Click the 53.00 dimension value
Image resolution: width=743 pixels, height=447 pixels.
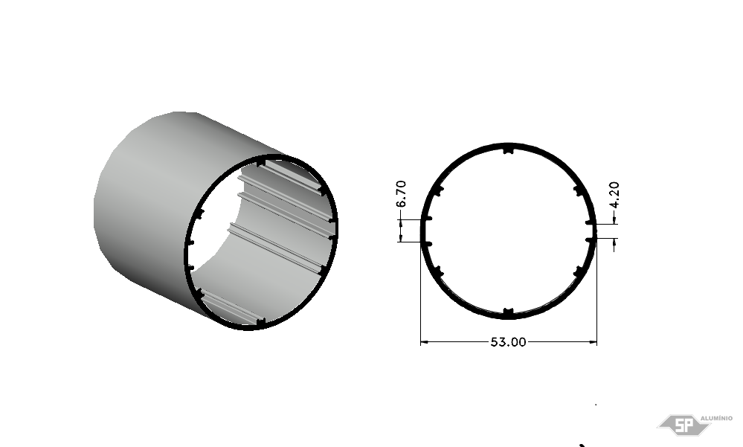coord(508,342)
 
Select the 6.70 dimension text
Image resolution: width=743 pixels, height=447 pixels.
coord(401,193)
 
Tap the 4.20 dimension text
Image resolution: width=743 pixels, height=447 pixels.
coord(614,195)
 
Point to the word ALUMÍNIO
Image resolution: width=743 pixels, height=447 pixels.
coord(716,418)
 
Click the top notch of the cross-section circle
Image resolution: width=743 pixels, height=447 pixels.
coord(508,151)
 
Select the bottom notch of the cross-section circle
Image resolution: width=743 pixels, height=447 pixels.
coord(508,312)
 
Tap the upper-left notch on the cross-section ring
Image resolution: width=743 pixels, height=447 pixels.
coord(439,190)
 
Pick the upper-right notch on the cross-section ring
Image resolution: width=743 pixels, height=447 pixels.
coord(578,190)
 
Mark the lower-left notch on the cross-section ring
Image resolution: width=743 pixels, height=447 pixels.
coord(438,271)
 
